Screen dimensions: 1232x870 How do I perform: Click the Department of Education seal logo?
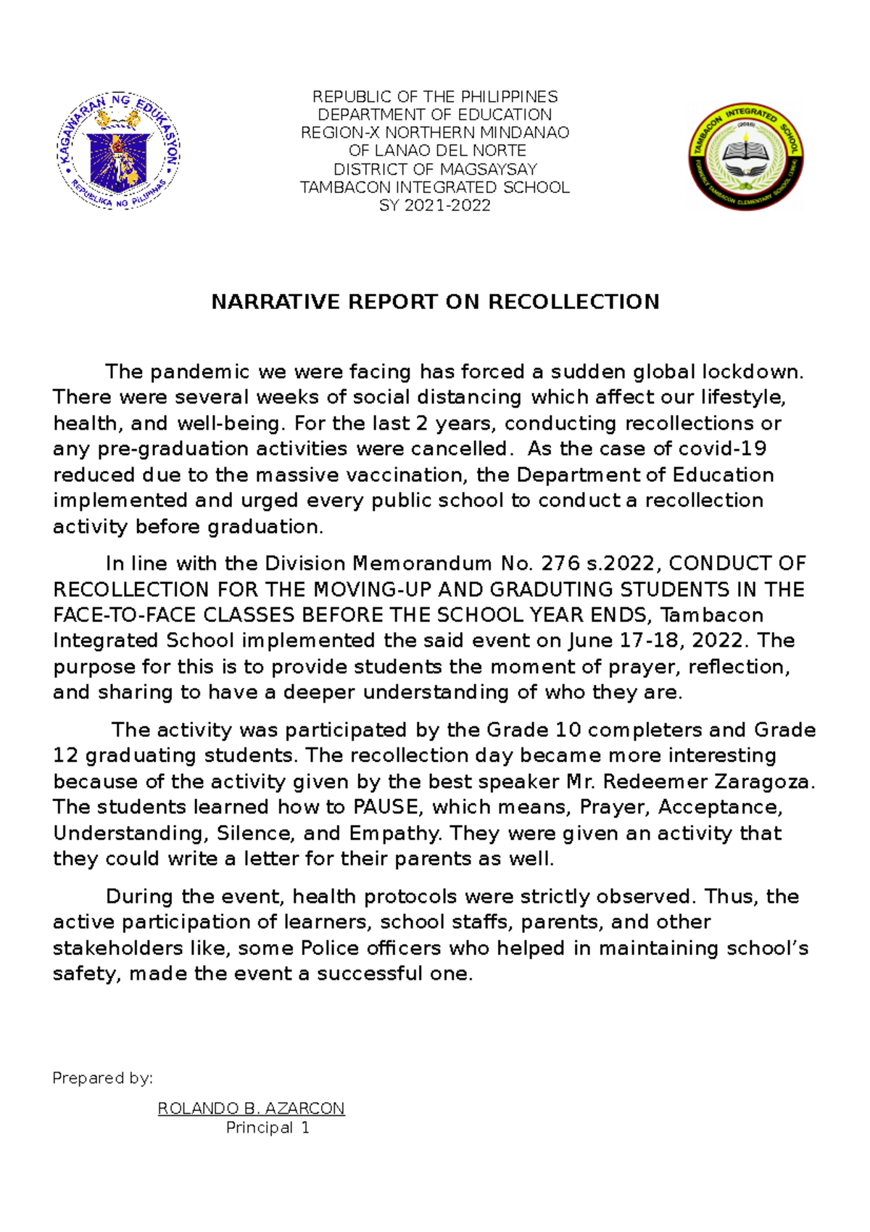click(x=118, y=152)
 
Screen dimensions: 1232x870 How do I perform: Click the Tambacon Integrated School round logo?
click(x=746, y=155)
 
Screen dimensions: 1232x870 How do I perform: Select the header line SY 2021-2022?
click(x=435, y=205)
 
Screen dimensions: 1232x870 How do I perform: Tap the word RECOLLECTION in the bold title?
click(x=573, y=302)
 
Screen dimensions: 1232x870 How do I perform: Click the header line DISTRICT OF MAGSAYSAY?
click(x=435, y=169)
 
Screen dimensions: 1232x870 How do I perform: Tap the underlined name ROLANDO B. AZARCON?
click(x=251, y=1109)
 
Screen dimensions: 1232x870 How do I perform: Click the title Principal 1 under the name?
click(x=268, y=1128)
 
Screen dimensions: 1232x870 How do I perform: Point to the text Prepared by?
click(x=102, y=1078)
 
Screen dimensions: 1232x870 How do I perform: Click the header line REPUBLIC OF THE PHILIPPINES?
click(x=435, y=96)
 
